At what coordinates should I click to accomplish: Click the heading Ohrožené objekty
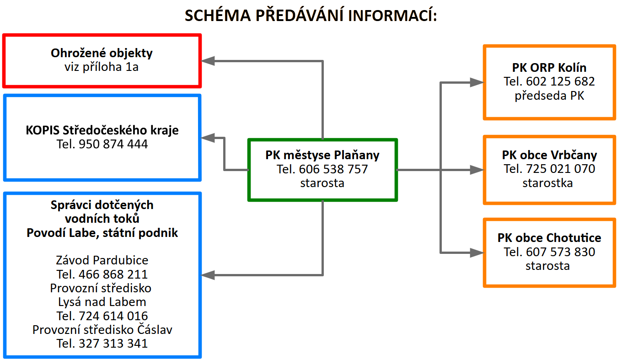click(102, 53)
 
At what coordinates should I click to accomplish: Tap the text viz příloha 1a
click(102, 67)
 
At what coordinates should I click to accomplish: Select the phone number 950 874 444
click(113, 145)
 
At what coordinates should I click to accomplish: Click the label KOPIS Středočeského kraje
click(102, 130)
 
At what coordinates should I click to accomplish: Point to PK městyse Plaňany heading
click(322, 155)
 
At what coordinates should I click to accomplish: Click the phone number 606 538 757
click(333, 169)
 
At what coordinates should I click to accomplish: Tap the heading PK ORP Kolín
click(549, 68)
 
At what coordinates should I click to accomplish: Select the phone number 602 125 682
click(561, 82)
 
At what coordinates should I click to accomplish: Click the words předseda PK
click(549, 96)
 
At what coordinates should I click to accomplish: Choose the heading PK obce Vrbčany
click(549, 155)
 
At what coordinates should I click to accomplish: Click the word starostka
click(547, 183)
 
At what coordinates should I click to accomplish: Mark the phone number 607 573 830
click(561, 252)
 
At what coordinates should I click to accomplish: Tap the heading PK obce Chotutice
click(549, 238)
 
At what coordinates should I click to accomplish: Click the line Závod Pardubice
click(102, 261)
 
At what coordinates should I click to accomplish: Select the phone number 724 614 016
click(113, 316)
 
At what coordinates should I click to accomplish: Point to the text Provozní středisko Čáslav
click(102, 330)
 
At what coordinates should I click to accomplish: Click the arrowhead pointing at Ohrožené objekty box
click(209, 60)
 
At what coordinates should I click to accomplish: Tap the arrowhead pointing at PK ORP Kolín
click(477, 82)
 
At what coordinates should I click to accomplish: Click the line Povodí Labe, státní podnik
click(102, 233)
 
